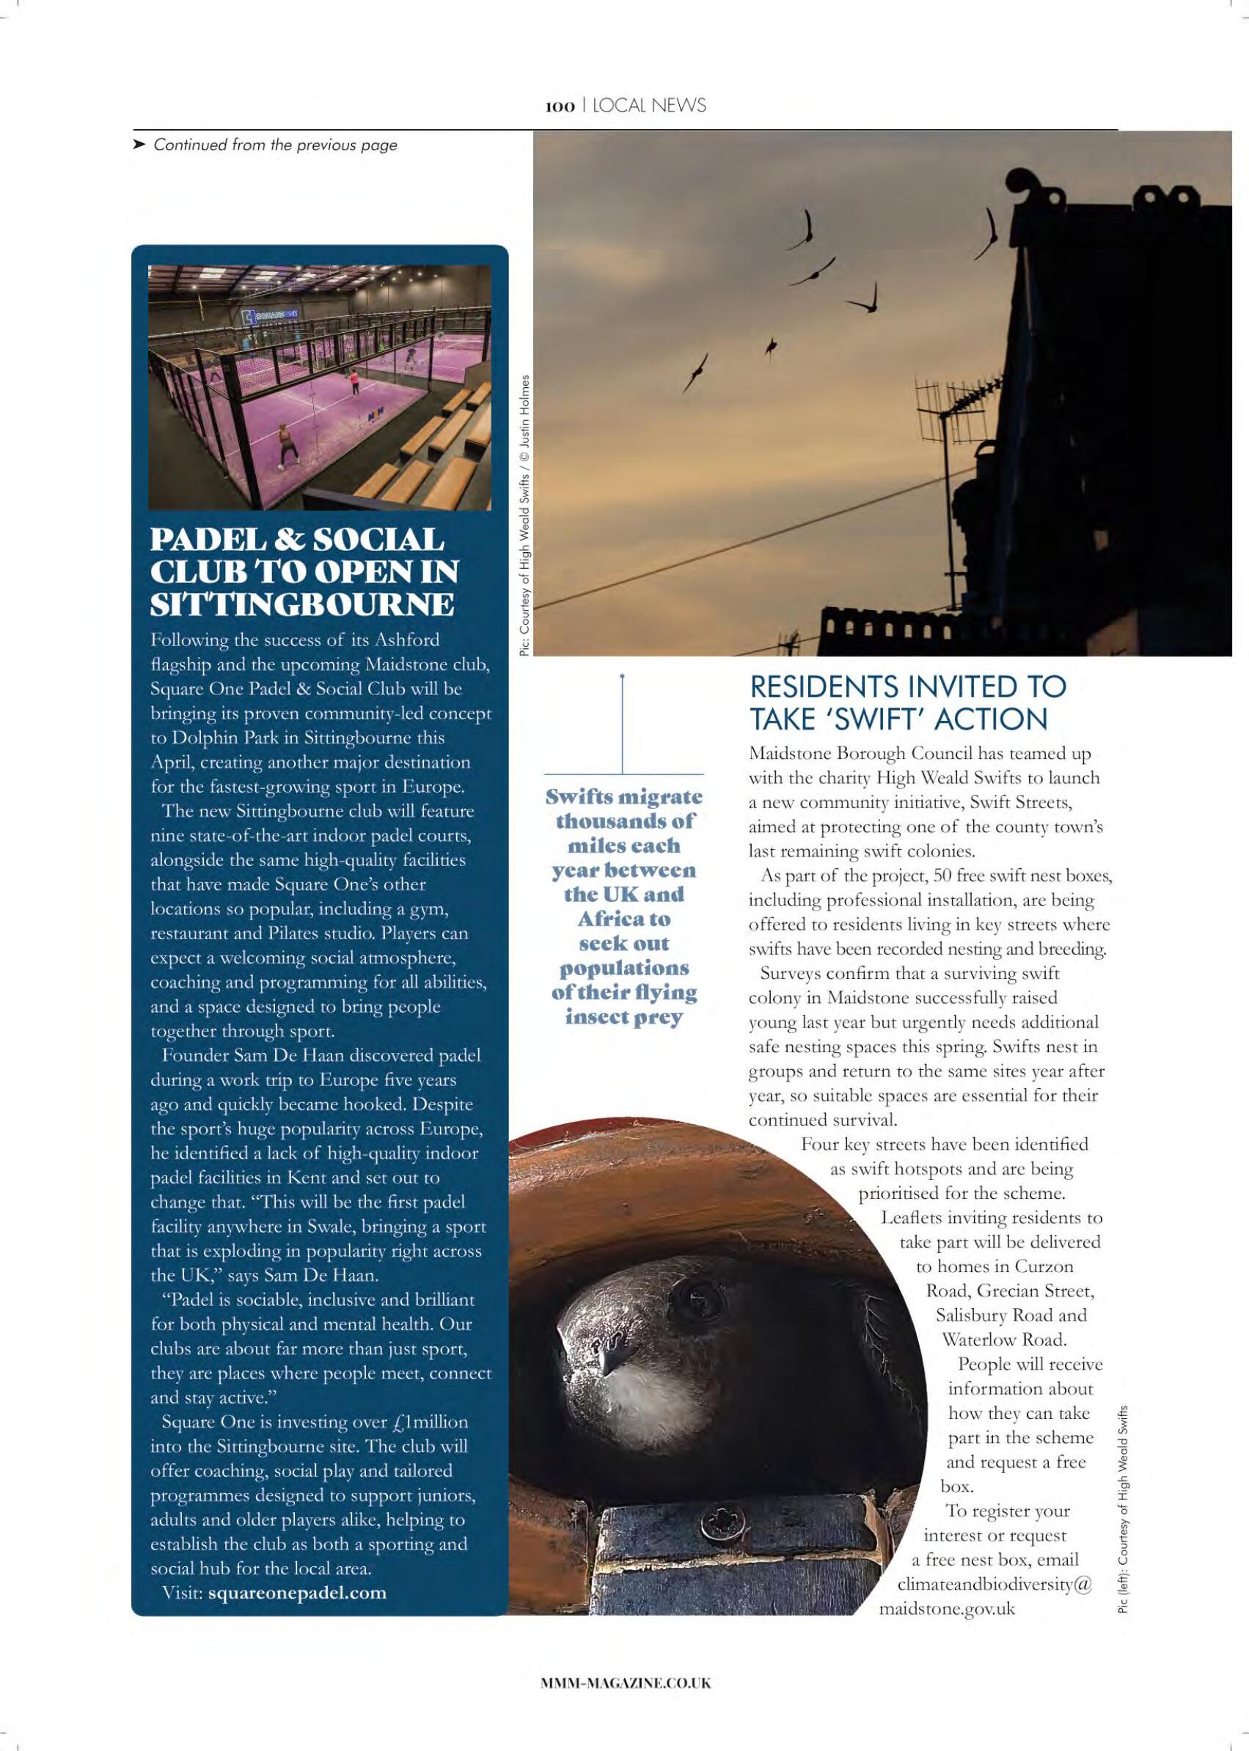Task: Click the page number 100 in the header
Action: pyautogui.click(x=560, y=107)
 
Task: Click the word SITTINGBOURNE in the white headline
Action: pyautogui.click(x=301, y=604)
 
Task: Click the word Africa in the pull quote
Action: pyautogui.click(x=623, y=918)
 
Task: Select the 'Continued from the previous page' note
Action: pyautogui.click(x=275, y=144)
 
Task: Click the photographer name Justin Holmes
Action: pyautogui.click(x=526, y=420)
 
